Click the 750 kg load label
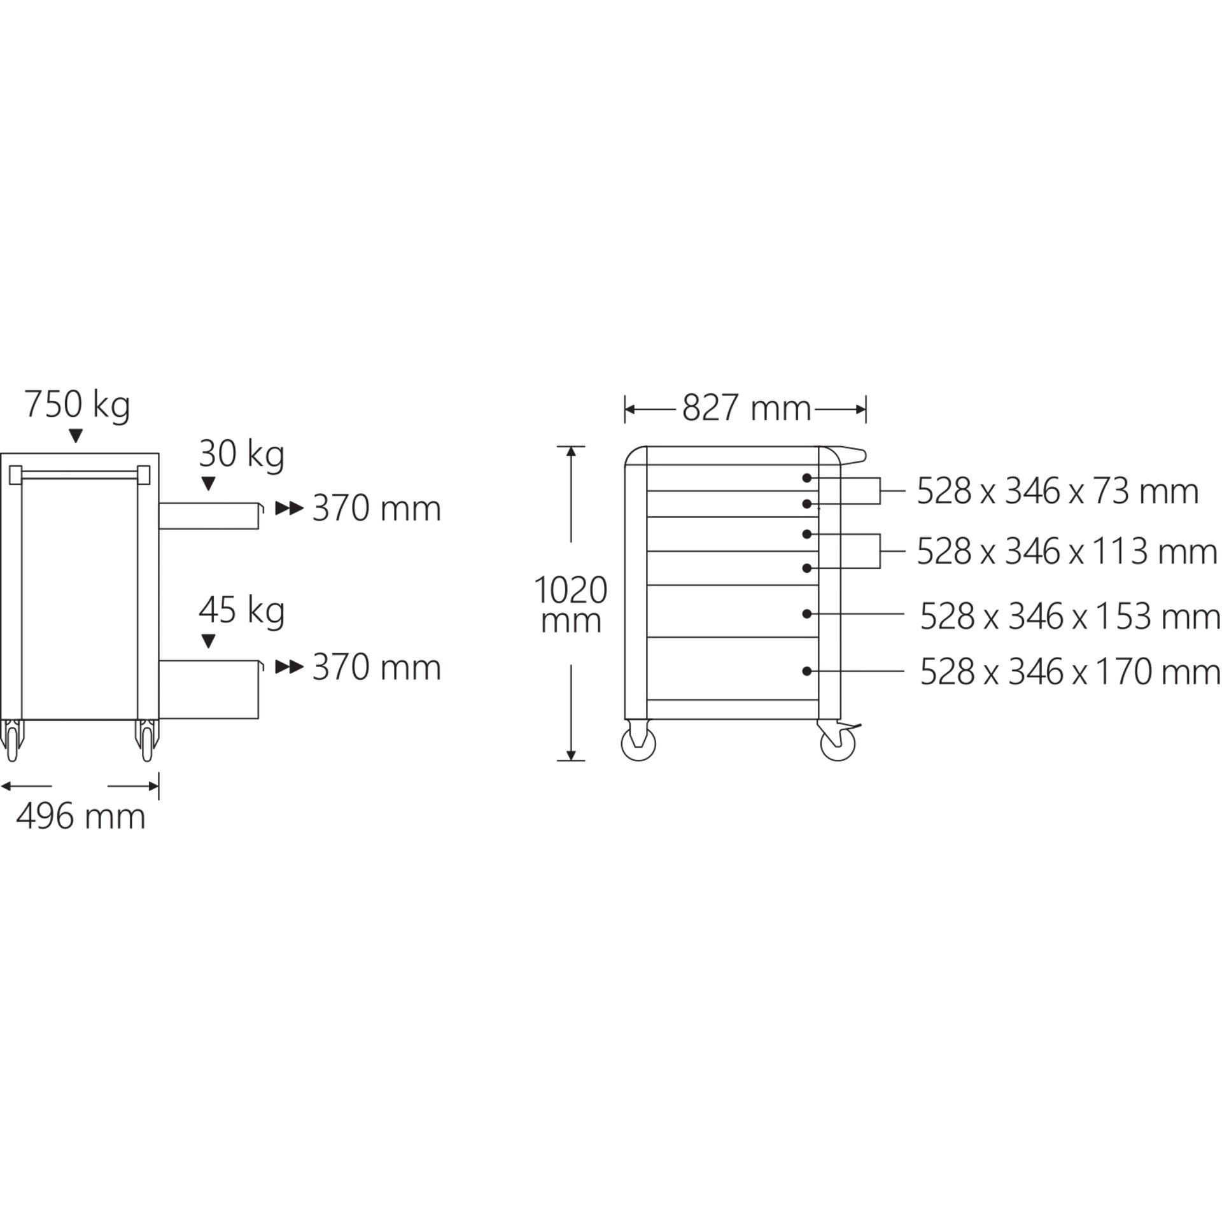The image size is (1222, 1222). tap(77, 405)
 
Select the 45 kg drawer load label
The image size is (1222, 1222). tap(241, 611)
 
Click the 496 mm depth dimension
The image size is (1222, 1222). tap(81, 817)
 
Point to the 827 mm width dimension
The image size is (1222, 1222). tap(747, 409)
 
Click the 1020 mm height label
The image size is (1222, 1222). tap(571, 605)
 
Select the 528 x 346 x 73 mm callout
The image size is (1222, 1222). tap(1058, 491)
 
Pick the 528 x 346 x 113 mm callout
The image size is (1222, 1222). tap(1067, 551)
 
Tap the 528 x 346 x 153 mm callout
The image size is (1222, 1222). tap(1070, 616)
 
